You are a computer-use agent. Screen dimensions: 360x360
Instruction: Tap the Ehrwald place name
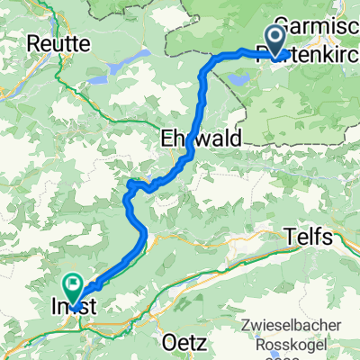[x=193, y=139]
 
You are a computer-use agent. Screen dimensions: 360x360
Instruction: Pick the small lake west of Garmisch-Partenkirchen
[x=241, y=79]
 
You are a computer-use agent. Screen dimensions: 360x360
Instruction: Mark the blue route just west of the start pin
[x=243, y=54]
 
